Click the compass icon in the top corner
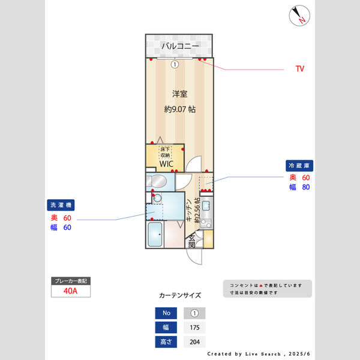(x=299, y=16)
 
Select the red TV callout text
(x=299, y=69)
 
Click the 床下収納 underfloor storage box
(x=166, y=152)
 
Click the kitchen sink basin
(x=206, y=208)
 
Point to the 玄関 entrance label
(x=191, y=241)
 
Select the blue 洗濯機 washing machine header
(x=60, y=205)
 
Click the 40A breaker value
(x=70, y=292)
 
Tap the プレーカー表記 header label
(x=70, y=281)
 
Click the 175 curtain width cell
(x=194, y=328)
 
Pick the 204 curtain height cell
(x=194, y=342)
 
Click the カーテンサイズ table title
(x=179, y=295)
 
